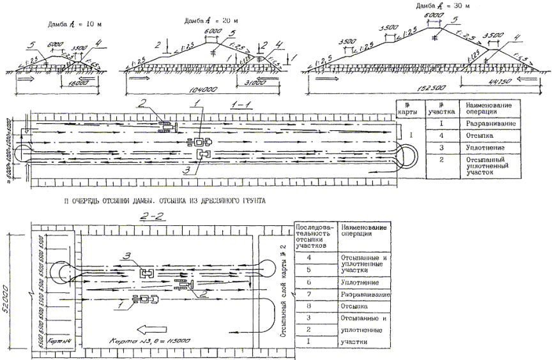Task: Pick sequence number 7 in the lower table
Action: coord(310,295)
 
